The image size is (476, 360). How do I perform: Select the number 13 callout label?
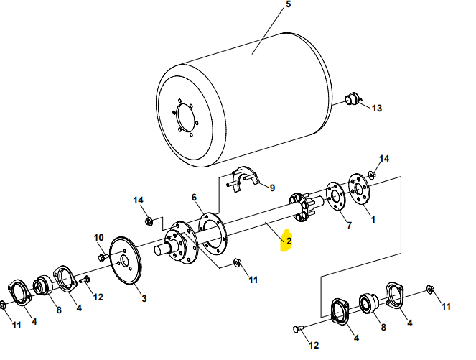pyautogui.click(x=377, y=109)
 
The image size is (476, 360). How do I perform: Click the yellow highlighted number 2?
pyautogui.click(x=289, y=241)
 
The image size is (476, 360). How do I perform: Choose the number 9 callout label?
pyautogui.click(x=272, y=188)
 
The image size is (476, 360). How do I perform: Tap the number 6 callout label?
pyautogui.click(x=194, y=198)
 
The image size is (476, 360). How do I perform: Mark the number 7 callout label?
pyautogui.click(x=350, y=226)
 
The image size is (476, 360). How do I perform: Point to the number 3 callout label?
pyautogui.click(x=144, y=298)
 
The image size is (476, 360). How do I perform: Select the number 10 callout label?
pyautogui.click(x=99, y=237)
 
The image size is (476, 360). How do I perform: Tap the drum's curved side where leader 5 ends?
pyautogui.click(x=253, y=52)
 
